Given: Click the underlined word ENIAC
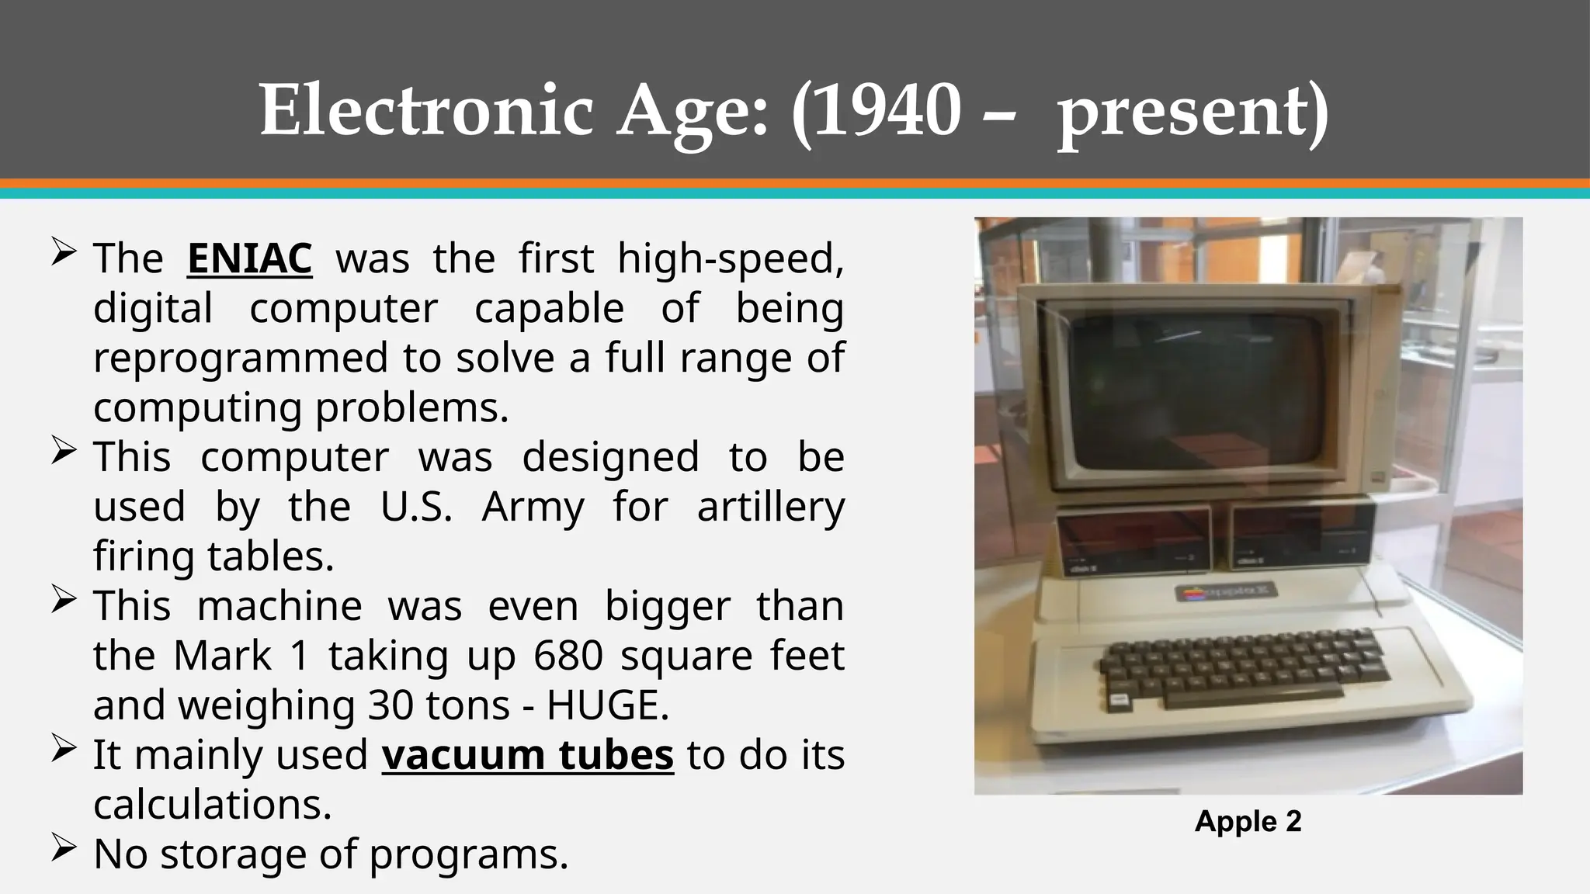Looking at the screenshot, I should (249, 258).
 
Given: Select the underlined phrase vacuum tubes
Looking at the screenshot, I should (527, 755).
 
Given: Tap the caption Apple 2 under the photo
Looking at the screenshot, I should (1248, 821).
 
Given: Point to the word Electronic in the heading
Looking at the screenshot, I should (426, 110).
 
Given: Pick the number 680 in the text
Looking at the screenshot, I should (568, 656).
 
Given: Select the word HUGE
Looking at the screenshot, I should (607, 705).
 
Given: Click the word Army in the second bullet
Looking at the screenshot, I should (533, 508).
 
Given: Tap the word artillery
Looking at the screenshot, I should (770, 508).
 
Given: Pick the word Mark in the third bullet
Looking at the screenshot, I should (222, 656).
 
